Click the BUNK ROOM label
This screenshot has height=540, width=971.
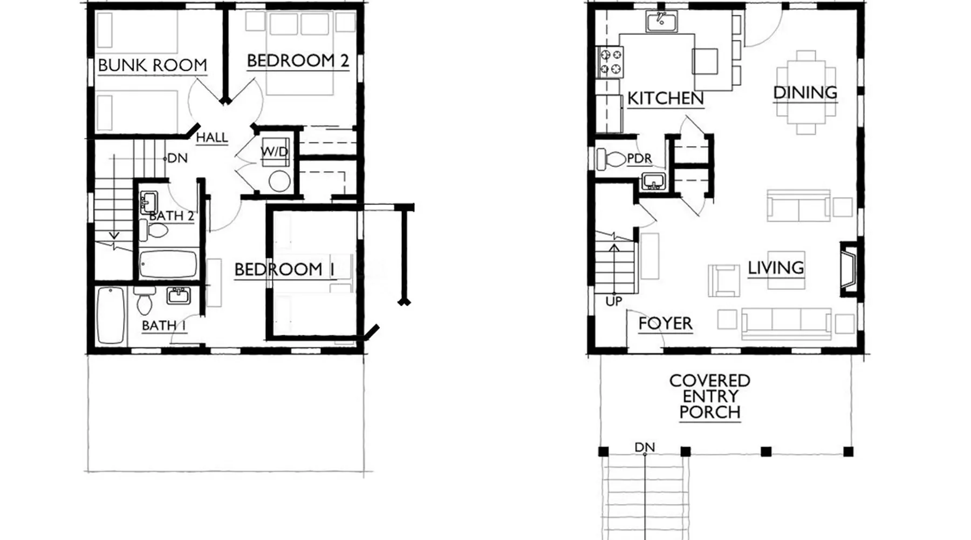click(x=153, y=65)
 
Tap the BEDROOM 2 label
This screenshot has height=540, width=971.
click(x=298, y=60)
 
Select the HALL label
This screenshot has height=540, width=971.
click(x=211, y=138)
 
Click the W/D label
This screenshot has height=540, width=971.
click(x=275, y=152)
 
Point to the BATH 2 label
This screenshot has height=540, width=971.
click(x=172, y=216)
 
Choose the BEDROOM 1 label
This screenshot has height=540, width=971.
click(x=285, y=269)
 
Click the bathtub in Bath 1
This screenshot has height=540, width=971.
click(x=111, y=315)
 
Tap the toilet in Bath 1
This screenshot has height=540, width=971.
click(x=144, y=301)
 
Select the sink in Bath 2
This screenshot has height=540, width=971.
click(x=148, y=202)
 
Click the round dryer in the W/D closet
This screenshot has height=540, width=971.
click(x=279, y=181)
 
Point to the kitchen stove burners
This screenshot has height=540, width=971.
click(x=610, y=62)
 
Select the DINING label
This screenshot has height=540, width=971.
click(x=805, y=93)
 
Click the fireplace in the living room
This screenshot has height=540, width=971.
click(x=849, y=268)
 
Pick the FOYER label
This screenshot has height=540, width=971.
click(x=665, y=323)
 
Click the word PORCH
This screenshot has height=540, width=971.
click(x=709, y=412)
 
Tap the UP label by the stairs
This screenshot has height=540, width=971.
click(x=614, y=301)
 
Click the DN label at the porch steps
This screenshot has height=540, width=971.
click(x=645, y=447)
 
